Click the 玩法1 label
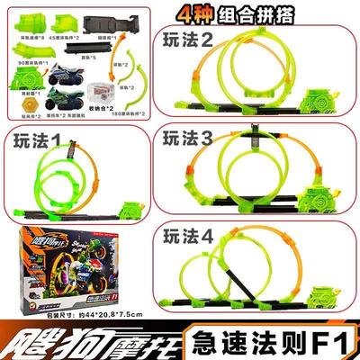click(x=33, y=141)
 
